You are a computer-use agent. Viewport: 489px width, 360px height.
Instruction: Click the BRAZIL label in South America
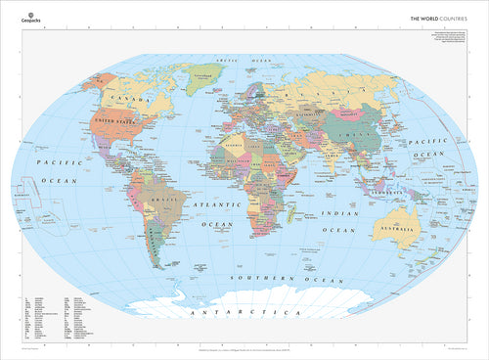(x=176, y=201)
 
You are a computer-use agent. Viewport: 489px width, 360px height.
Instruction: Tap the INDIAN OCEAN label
(x=328, y=220)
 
